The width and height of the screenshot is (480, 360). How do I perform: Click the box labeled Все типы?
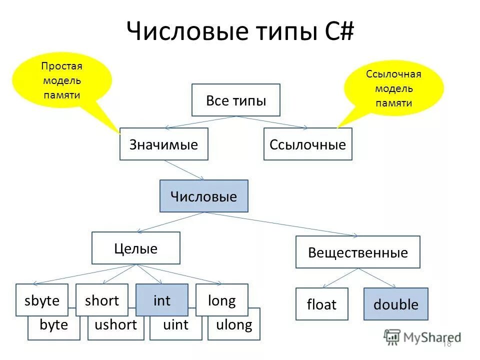click(x=236, y=100)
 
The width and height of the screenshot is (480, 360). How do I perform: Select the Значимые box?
click(x=164, y=144)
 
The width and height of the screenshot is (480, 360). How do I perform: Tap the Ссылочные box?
click(x=307, y=144)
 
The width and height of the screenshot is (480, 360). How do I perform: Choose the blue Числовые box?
click(x=203, y=196)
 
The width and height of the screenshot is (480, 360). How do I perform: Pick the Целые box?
click(x=136, y=248)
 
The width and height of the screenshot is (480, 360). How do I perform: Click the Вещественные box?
click(x=358, y=252)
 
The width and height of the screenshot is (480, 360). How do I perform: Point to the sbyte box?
click(x=42, y=300)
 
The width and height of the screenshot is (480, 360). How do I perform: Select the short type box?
click(x=102, y=300)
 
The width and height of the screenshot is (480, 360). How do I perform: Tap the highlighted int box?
click(x=162, y=300)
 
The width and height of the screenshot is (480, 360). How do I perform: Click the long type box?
click(x=221, y=300)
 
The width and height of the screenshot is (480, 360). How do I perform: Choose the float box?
click(x=321, y=304)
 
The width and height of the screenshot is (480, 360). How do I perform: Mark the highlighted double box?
click(x=396, y=304)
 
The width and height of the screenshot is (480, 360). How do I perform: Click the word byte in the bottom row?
click(x=53, y=325)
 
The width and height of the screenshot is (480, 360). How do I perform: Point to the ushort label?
click(x=115, y=325)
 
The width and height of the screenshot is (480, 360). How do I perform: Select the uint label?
click(x=176, y=325)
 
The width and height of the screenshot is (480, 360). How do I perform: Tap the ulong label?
click(x=234, y=325)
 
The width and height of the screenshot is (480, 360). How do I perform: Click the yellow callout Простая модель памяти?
click(x=61, y=80)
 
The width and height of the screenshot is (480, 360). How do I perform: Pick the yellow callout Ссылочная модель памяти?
click(x=394, y=88)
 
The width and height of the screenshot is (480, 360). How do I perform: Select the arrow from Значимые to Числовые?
click(x=183, y=170)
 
